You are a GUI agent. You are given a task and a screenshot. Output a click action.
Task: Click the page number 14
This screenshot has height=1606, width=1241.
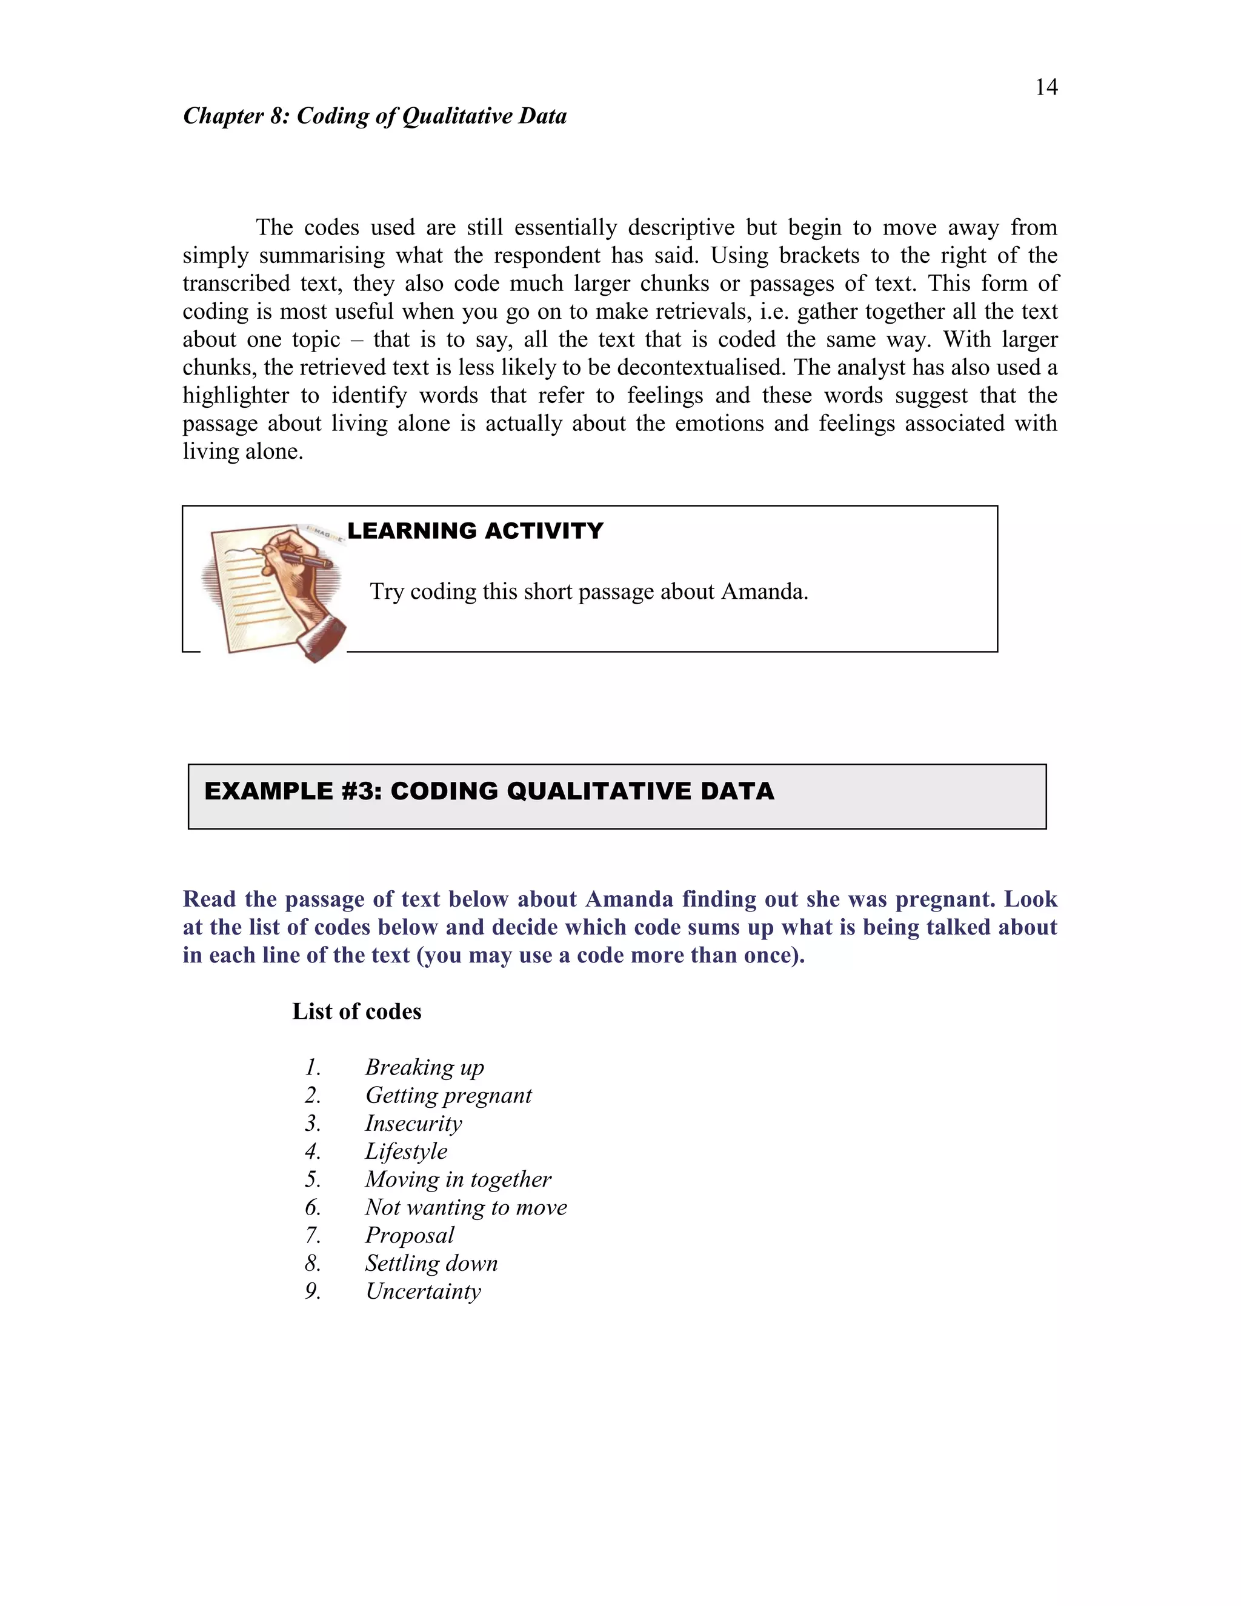pyautogui.click(x=1045, y=87)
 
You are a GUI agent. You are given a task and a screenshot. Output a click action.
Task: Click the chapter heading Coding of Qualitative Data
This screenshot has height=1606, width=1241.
pyautogui.click(x=374, y=116)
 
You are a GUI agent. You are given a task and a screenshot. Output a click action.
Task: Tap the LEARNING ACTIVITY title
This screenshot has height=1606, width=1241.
pyautogui.click(x=475, y=531)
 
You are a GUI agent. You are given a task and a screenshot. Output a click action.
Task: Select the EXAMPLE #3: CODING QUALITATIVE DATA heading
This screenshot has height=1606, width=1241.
pyautogui.click(x=489, y=791)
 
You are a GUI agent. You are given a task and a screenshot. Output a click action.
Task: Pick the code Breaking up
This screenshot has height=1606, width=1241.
pyautogui.click(x=424, y=1067)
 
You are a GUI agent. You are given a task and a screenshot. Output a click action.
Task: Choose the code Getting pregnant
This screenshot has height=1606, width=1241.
pyautogui.click(x=448, y=1095)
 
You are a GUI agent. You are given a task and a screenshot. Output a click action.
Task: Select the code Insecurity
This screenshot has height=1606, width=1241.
pyautogui.click(x=413, y=1123)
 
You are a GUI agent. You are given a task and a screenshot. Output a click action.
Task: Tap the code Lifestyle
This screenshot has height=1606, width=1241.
pyautogui.click(x=406, y=1151)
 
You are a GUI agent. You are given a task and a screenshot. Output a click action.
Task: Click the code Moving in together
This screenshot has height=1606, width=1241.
pyautogui.click(x=457, y=1179)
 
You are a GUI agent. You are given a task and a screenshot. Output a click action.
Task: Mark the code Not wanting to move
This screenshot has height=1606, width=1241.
pyautogui.click(x=465, y=1207)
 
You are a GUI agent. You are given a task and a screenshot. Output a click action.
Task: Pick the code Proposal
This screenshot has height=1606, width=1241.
pyautogui.click(x=409, y=1234)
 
